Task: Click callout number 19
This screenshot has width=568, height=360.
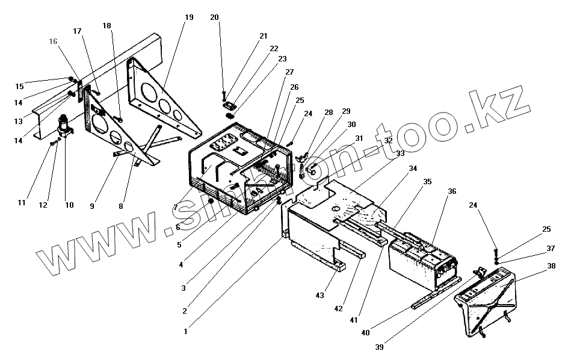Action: [189, 17]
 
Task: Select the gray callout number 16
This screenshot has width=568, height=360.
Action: [54, 42]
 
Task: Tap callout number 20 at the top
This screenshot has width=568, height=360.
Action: [215, 17]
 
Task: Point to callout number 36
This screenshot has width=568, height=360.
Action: [452, 191]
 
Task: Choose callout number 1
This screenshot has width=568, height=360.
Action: [186, 331]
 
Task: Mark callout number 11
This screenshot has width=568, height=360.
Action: [22, 203]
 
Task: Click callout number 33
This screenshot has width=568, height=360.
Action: [401, 153]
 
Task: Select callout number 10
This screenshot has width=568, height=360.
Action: [69, 205]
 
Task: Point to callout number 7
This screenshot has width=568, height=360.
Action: [175, 207]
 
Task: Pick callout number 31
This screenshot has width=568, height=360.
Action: [359, 138]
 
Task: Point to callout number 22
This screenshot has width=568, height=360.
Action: [274, 48]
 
